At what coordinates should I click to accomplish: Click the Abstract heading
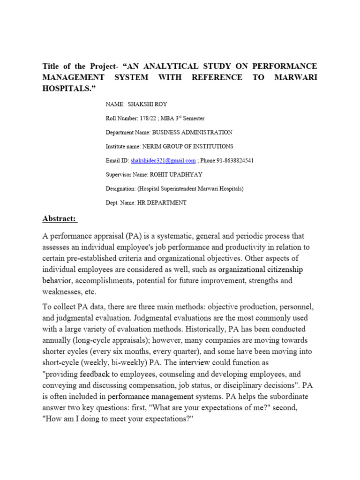60,219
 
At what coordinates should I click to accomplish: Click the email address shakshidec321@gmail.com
163,160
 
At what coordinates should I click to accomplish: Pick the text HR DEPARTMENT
162,202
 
